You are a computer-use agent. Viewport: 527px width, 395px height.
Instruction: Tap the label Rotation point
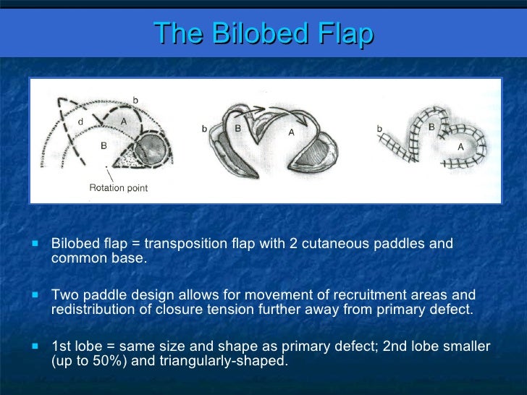[118, 188]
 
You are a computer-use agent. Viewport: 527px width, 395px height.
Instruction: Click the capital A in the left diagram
[124, 122]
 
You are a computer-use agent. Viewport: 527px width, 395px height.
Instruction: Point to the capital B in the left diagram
[104, 145]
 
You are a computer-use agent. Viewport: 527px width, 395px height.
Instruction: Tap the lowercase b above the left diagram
[135, 99]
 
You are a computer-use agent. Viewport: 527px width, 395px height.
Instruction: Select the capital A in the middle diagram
[291, 132]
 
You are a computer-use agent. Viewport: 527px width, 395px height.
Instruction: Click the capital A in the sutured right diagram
[461, 145]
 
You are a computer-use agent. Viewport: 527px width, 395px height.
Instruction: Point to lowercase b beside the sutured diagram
[380, 129]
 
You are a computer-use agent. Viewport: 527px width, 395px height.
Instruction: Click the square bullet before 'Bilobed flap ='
[35, 245]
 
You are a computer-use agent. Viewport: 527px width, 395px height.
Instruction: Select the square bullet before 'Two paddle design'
[35, 296]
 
